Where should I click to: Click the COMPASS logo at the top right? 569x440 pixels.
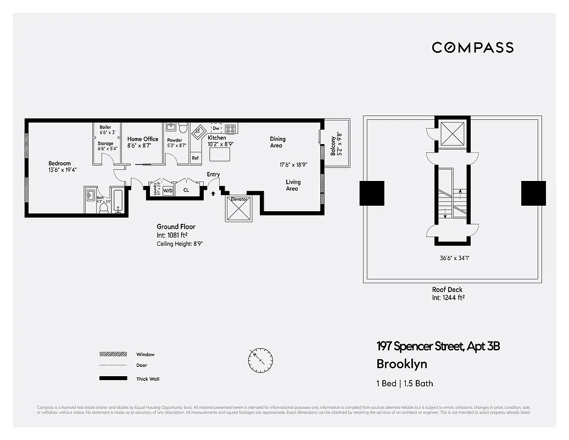[472, 47]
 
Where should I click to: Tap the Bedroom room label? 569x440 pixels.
[59, 163]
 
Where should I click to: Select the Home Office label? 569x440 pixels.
[143, 139]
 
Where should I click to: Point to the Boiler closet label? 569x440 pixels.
[105, 127]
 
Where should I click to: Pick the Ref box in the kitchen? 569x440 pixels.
[195, 158]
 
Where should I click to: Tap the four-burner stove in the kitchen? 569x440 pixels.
[231, 129]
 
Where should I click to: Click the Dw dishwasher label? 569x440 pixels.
[216, 128]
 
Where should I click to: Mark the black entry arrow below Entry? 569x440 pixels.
[214, 193]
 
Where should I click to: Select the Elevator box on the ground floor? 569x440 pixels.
[239, 208]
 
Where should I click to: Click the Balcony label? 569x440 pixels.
[332, 144]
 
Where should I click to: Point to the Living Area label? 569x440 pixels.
[292, 185]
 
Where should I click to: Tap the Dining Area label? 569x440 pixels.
[277, 142]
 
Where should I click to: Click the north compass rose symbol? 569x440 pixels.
[260, 360]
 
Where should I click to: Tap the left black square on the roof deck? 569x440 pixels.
[372, 193]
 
